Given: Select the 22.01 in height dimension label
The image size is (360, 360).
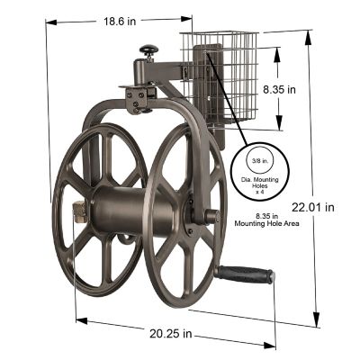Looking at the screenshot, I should point(316,206).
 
